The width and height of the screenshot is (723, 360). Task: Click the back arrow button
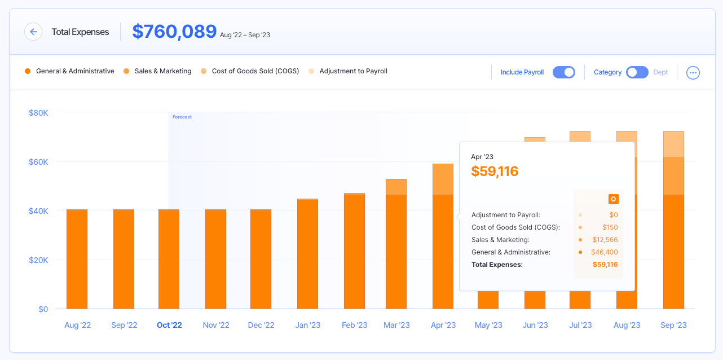[33, 32]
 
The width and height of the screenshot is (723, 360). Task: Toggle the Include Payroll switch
[563, 72]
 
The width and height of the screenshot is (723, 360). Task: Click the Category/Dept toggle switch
[637, 72]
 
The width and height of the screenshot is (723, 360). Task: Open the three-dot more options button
[693, 73]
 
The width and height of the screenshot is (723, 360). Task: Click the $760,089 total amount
[174, 32]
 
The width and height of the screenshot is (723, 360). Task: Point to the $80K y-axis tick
[39, 113]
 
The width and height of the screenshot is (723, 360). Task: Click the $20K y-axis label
[39, 260]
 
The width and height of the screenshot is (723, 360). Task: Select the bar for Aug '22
[77, 259]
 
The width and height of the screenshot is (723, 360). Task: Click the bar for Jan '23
[307, 254]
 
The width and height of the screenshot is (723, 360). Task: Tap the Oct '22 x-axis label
[169, 325]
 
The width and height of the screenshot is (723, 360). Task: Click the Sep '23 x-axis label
[673, 325]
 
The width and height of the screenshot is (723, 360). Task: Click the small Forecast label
[182, 117]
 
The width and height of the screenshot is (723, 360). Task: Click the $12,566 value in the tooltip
[605, 240]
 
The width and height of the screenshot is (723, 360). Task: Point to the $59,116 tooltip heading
[495, 171]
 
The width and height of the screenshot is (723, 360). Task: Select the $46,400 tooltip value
[605, 252]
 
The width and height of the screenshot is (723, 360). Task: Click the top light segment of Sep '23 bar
[673, 144]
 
